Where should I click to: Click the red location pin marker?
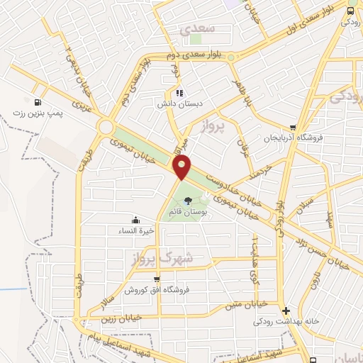tap(182, 167)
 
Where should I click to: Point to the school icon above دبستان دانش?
tap(179, 92)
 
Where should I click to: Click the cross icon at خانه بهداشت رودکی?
tap(286, 311)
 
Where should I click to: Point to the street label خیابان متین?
tap(245, 303)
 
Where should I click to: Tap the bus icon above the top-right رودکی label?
tap(350, 11)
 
